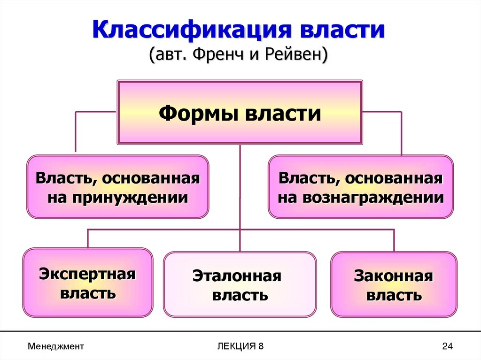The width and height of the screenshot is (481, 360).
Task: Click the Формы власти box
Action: click(240, 113)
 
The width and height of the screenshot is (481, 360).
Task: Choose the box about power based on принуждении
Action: click(117, 187)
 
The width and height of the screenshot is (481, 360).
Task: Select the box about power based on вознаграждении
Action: click(360, 187)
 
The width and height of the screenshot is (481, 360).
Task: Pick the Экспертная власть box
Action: click(88, 283)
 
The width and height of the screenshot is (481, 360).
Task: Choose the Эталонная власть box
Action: click(240, 284)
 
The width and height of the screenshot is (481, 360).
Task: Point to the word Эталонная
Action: click(237, 276)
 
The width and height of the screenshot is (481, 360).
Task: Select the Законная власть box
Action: click(394, 284)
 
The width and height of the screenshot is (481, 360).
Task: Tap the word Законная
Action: click(394, 276)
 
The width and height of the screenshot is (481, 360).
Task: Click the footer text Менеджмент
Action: click(55, 346)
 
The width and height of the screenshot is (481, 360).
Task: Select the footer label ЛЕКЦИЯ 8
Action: click(240, 346)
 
